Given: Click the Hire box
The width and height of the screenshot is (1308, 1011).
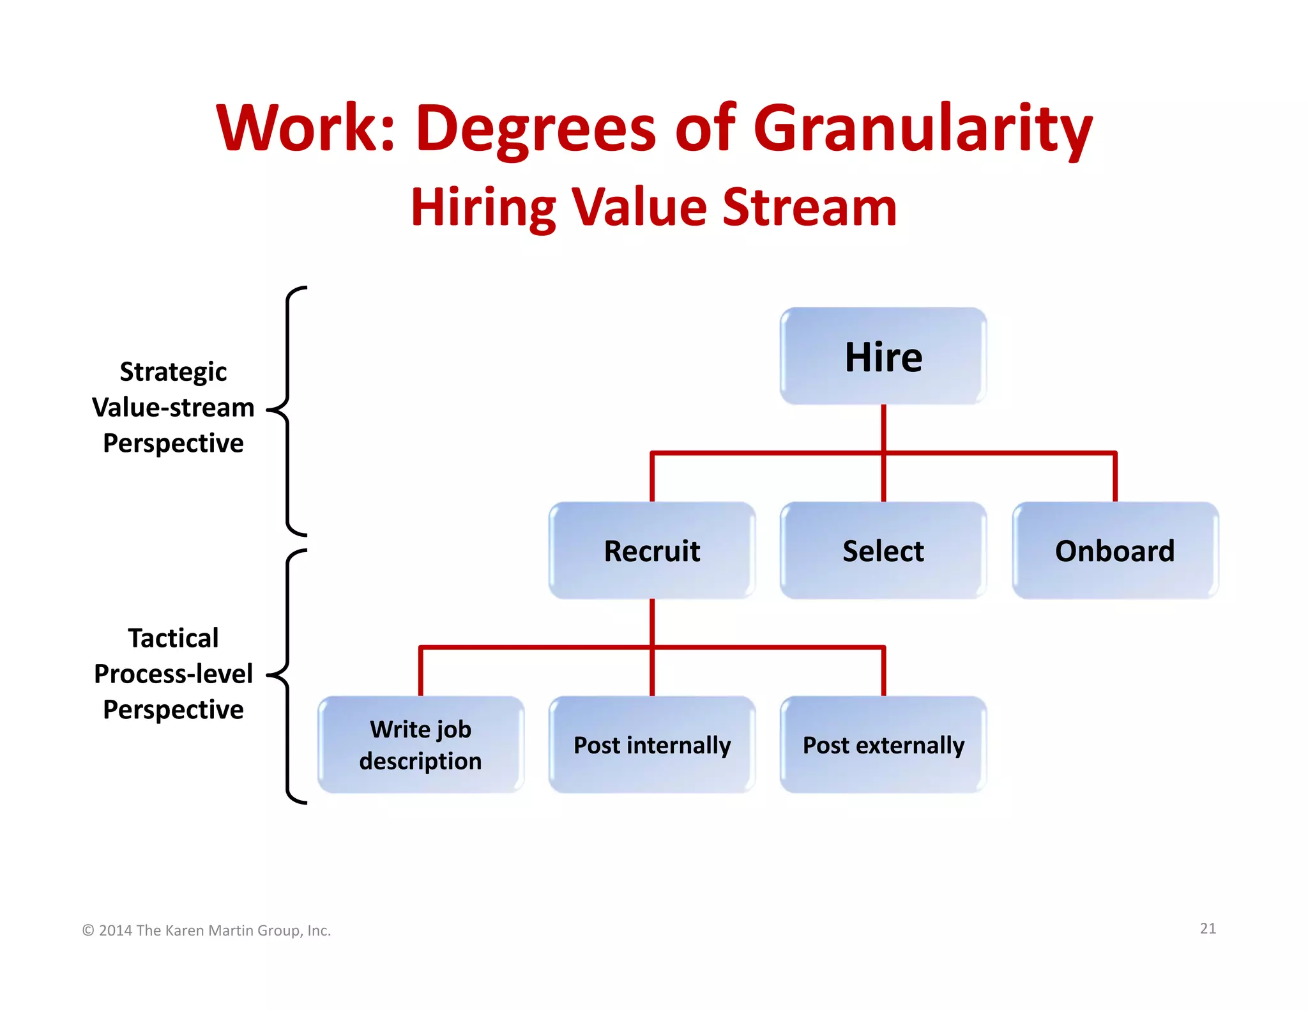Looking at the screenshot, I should [x=883, y=357].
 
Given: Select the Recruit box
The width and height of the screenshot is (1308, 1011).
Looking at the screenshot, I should [x=651, y=551].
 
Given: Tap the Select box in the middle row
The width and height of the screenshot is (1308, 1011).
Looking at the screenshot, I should [x=883, y=551].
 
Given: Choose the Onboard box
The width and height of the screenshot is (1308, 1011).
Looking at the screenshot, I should [x=1114, y=551].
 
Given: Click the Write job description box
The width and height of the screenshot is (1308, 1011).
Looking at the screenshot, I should [x=420, y=745].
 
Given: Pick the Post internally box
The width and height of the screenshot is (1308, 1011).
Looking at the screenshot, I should [x=651, y=745].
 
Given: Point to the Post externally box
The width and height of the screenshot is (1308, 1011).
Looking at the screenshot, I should [x=883, y=745].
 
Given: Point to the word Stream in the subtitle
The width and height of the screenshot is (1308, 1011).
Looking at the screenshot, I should [x=809, y=208].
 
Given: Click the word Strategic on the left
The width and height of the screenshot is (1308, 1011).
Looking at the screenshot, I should [x=173, y=371].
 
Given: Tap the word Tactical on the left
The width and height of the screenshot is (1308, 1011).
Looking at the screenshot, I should [x=173, y=638].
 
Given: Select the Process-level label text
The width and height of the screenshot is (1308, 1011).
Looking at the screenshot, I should [x=173, y=674].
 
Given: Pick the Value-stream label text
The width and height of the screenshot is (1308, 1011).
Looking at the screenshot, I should [x=173, y=407].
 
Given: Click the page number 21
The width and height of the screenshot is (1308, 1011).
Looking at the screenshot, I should [x=1208, y=929].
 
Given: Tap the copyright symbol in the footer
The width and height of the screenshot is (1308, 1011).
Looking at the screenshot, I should [x=88, y=930].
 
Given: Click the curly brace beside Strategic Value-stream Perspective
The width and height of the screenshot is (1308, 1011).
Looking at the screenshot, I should [x=287, y=410].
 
